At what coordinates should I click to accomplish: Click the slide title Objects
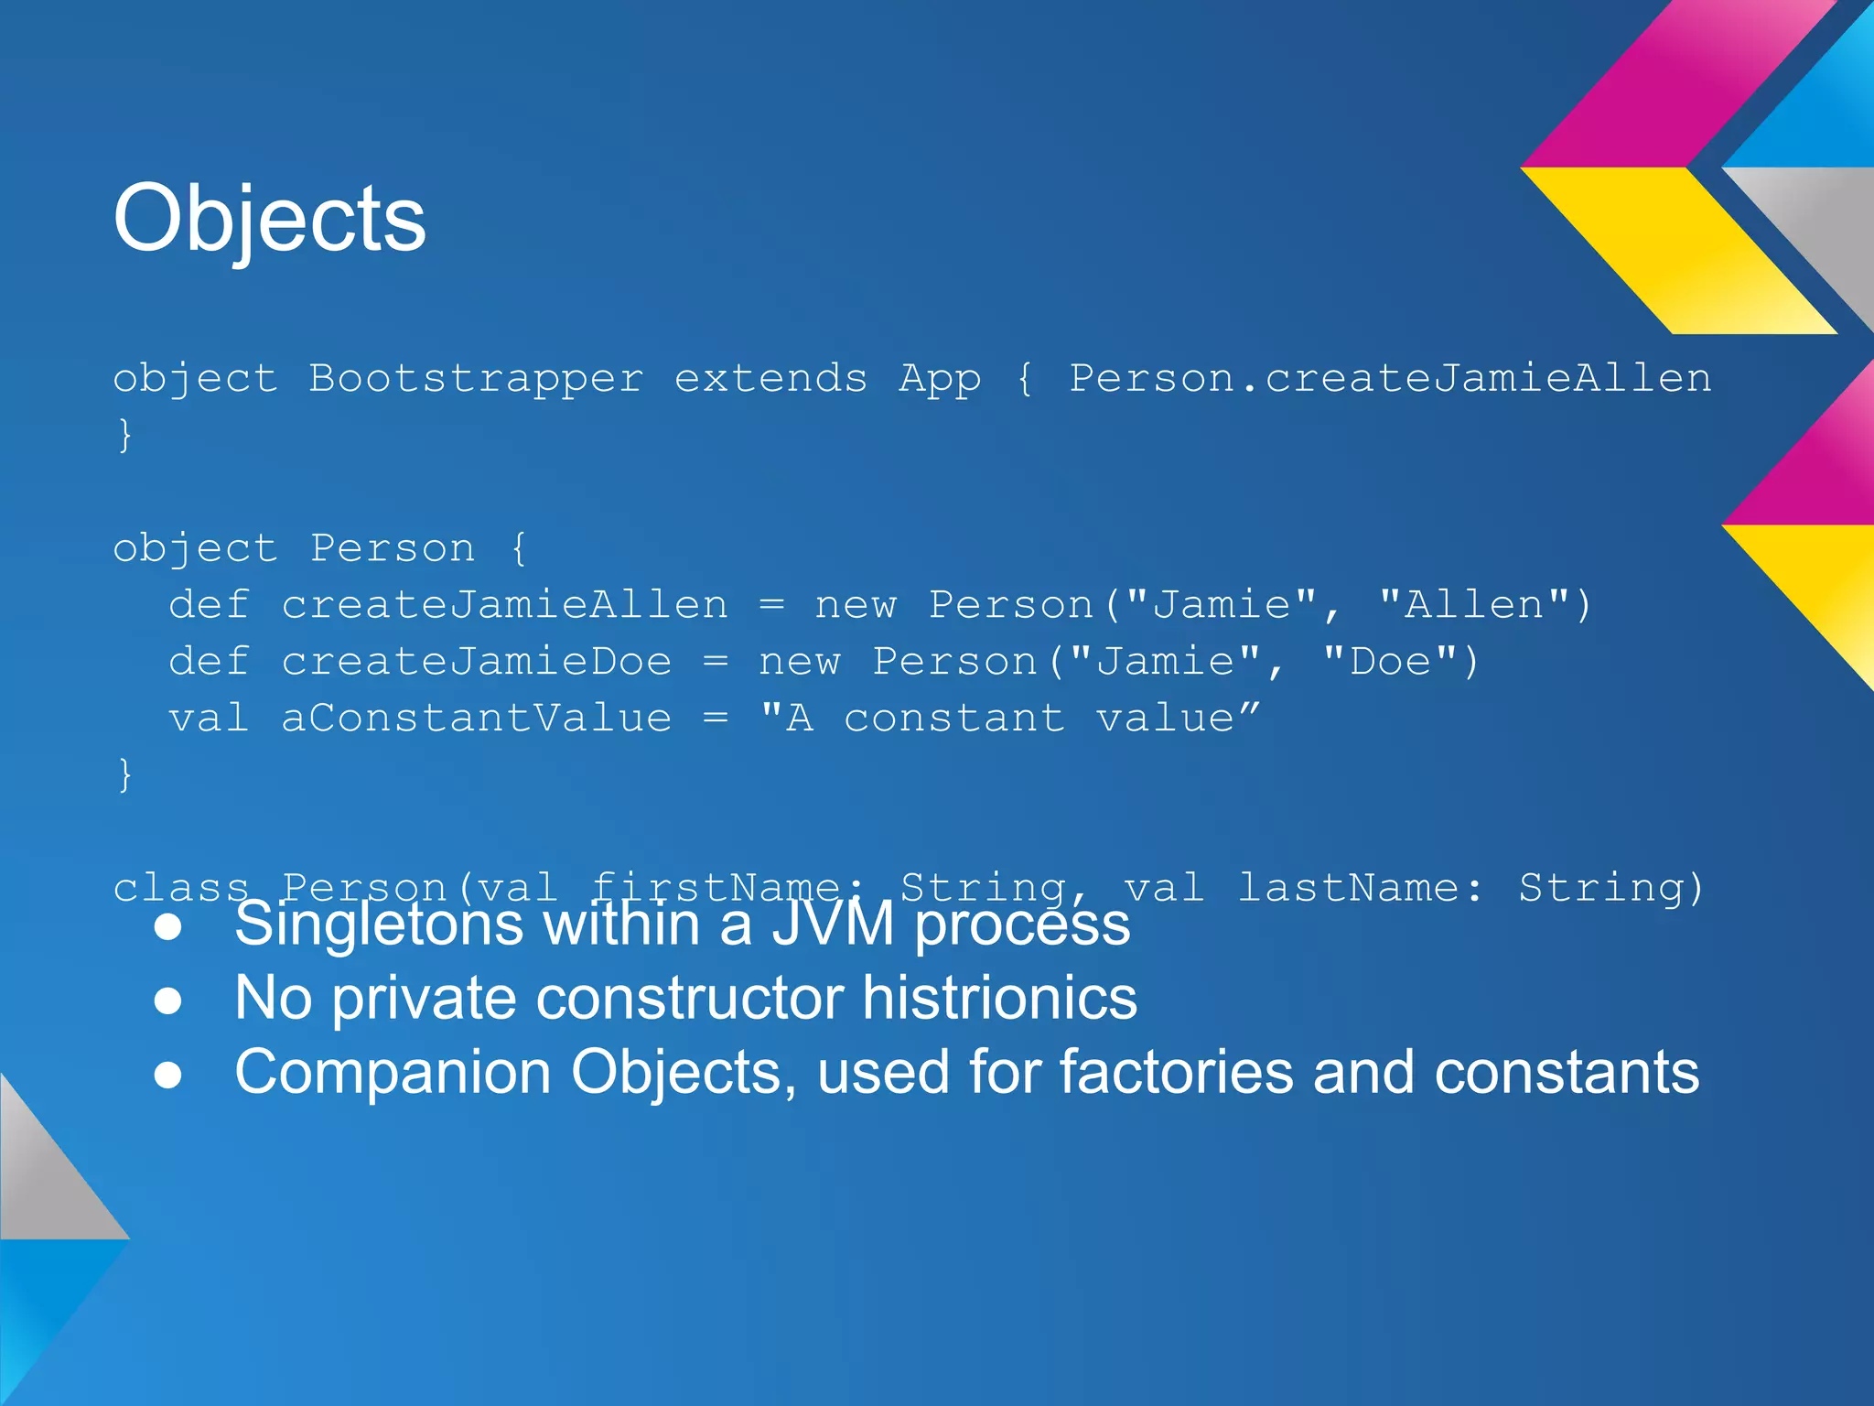269,220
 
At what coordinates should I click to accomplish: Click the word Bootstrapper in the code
476,379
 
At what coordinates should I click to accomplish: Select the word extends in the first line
770,379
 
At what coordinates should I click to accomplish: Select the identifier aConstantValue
476,719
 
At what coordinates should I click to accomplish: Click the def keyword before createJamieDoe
209,662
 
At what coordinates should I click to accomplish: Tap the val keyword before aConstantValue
209,719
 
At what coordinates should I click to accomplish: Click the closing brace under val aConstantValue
125,774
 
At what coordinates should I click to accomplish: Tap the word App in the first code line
939,379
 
